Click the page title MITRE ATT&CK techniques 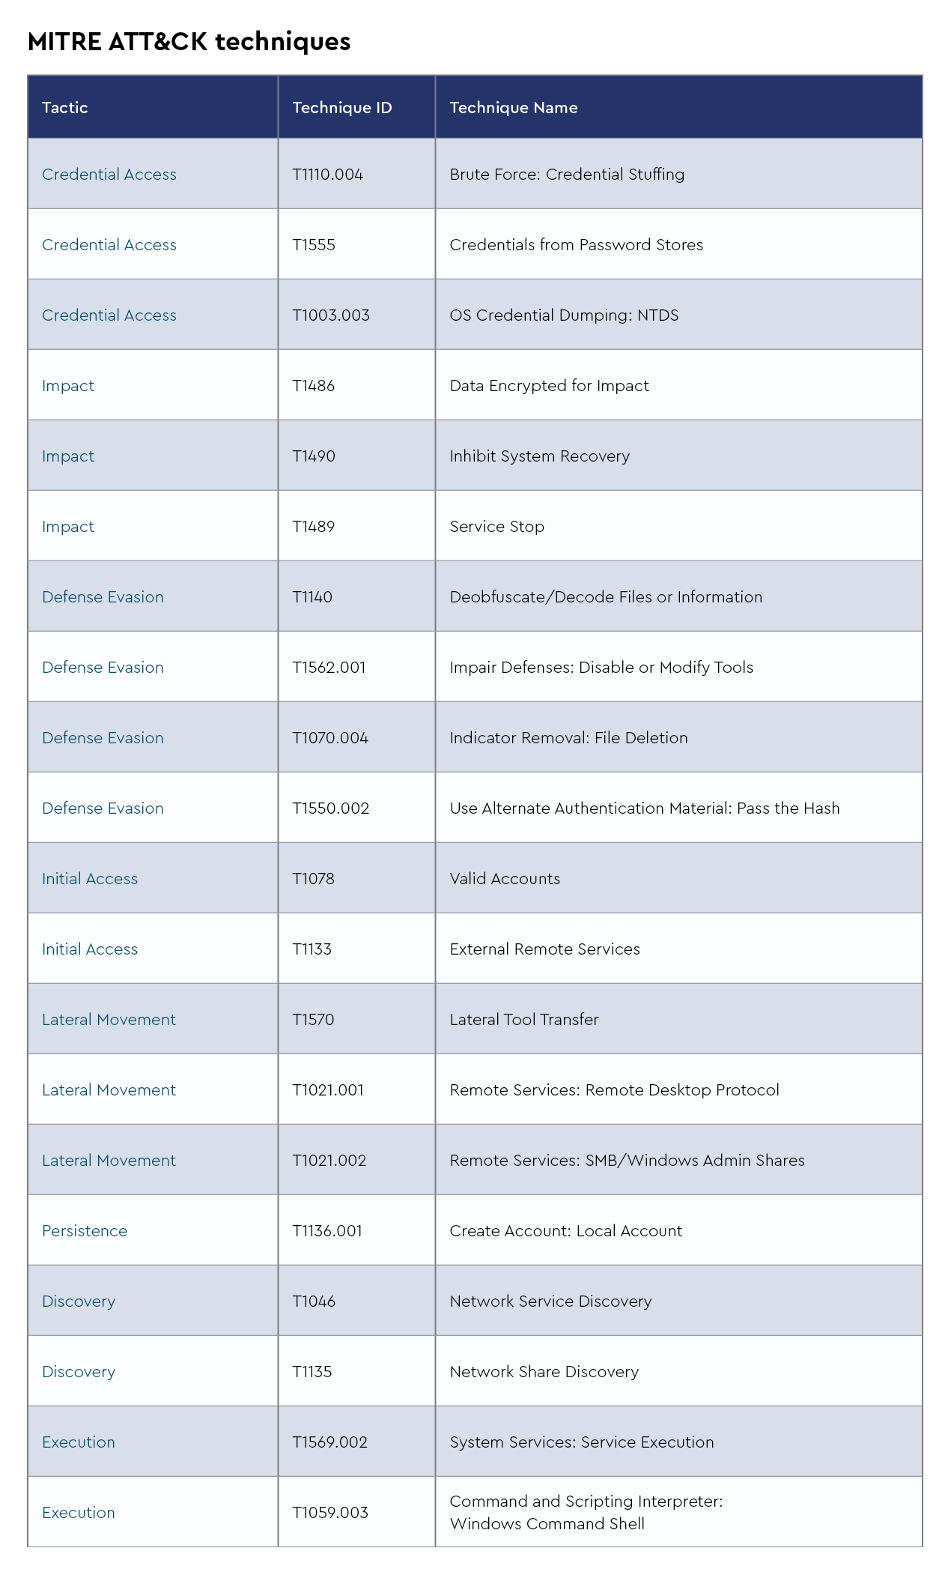[x=189, y=42]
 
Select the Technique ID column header [x=341, y=108]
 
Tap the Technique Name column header [x=513, y=108]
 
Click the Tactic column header [x=65, y=108]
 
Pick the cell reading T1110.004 [x=327, y=175]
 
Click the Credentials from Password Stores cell [x=576, y=245]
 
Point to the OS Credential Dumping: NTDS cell [x=564, y=315]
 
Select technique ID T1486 [x=313, y=386]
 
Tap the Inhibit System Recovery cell [x=539, y=456]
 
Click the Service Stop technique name [x=496, y=527]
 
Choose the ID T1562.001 [x=329, y=668]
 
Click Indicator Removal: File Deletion [x=568, y=738]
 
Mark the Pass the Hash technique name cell [x=644, y=808]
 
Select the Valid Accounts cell [x=505, y=879]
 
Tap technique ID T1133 [x=312, y=949]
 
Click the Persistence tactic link [x=85, y=1231]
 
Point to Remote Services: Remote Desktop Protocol [x=614, y=1090]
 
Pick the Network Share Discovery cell [x=544, y=1372]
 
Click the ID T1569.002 [x=329, y=1442]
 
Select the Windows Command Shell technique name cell [x=586, y=1513]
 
